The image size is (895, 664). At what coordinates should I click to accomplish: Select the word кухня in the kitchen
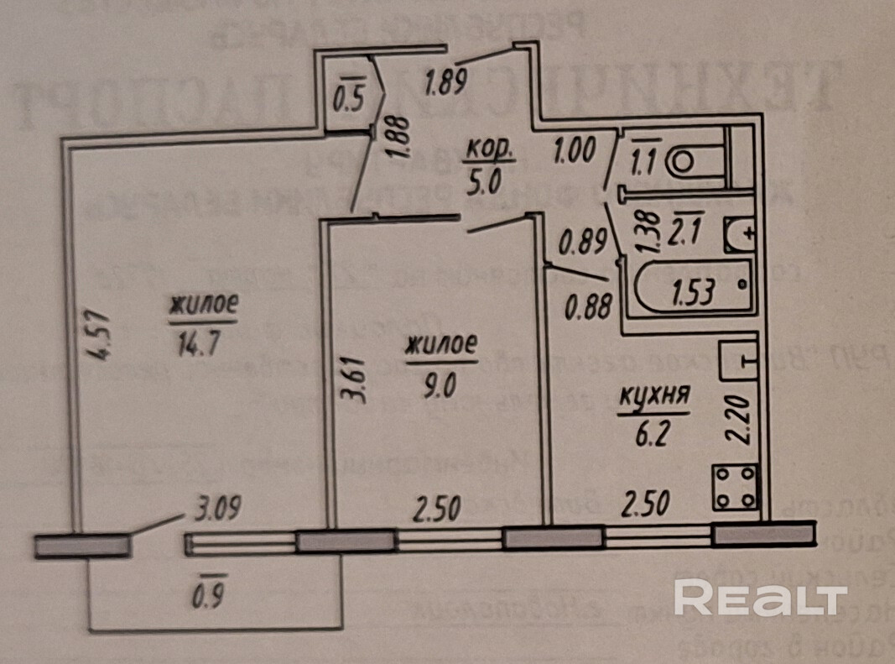click(653, 396)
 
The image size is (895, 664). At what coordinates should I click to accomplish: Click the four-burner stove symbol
click(736, 486)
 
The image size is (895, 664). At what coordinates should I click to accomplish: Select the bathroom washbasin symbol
click(742, 235)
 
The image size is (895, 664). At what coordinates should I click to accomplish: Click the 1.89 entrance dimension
click(445, 84)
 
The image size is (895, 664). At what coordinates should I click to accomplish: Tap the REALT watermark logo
click(760, 598)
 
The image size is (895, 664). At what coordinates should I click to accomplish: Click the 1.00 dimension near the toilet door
click(575, 152)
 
